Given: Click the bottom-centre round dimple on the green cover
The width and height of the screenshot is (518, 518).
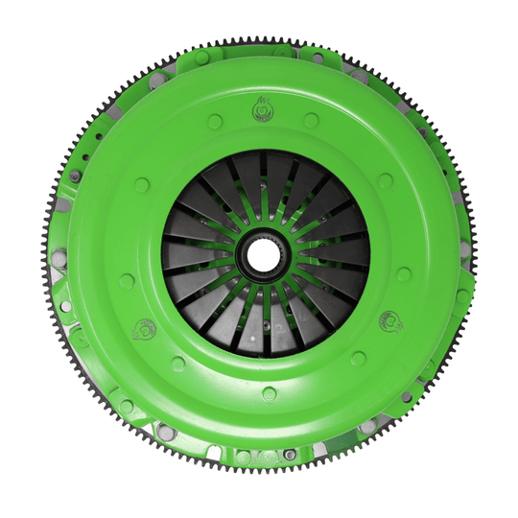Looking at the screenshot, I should (x=269, y=393).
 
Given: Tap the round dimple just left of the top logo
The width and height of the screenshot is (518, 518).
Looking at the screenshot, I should (x=215, y=122).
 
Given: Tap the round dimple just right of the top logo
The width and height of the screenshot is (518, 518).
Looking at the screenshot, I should (x=311, y=120).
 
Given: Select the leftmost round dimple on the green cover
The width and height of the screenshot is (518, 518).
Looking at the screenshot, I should (x=127, y=281).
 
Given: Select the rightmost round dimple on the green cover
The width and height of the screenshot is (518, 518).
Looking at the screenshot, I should (x=404, y=274).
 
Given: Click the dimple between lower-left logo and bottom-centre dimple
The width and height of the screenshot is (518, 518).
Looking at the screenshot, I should (x=178, y=364).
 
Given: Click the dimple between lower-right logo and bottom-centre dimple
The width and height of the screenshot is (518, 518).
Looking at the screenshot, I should (x=358, y=358).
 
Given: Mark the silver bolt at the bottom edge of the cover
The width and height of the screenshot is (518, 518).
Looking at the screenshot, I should (x=289, y=454).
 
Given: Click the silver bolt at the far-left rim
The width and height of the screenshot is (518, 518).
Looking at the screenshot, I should (x=60, y=257).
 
